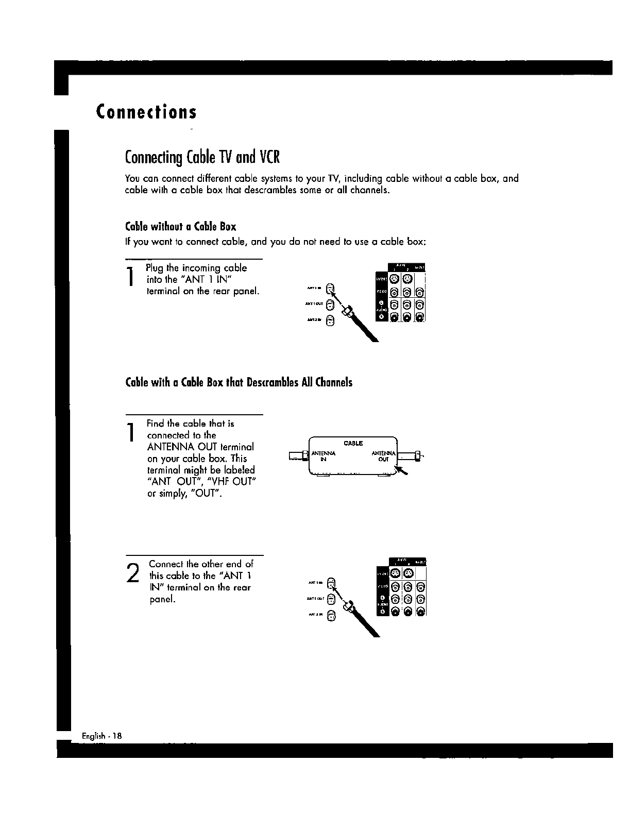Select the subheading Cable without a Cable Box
[x=180, y=227]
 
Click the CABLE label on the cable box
[x=353, y=443]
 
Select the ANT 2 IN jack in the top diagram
[x=332, y=321]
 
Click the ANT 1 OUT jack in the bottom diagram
[x=332, y=599]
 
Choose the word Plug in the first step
[x=155, y=268]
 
